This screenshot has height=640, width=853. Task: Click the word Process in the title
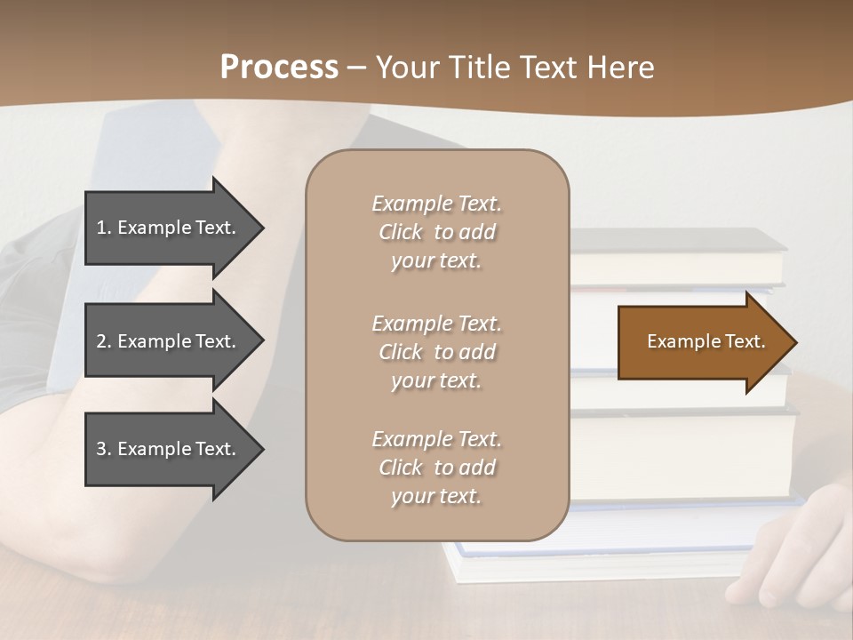[x=279, y=68]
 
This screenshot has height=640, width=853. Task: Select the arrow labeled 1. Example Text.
[x=169, y=228]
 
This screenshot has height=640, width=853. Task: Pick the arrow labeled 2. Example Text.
[x=169, y=341]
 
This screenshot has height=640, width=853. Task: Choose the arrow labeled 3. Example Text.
[x=169, y=449]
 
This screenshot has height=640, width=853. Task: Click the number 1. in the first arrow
[x=104, y=228]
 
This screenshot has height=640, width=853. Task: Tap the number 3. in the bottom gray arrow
[x=104, y=449]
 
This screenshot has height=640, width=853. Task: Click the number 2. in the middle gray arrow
[x=104, y=341]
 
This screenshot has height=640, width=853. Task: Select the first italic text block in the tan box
[x=436, y=232]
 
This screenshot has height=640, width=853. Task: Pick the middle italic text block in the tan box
[x=436, y=352]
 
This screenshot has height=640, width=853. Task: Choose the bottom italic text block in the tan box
[x=436, y=468]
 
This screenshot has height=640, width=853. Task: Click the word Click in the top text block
[x=401, y=233]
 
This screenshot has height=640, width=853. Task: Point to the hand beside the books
[x=791, y=556]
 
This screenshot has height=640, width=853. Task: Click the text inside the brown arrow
[x=706, y=341]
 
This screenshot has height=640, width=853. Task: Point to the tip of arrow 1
[x=262, y=228]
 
